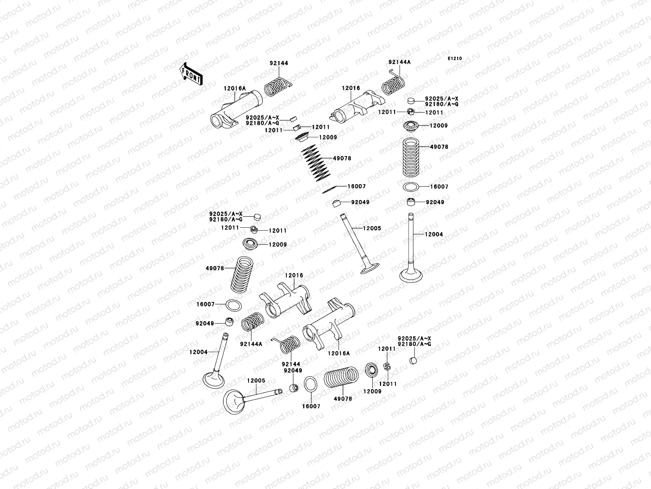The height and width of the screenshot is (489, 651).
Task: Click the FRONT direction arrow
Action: click(191, 74)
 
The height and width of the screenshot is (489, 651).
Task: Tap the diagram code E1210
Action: click(454, 59)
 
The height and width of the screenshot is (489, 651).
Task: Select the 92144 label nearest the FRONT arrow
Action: click(279, 63)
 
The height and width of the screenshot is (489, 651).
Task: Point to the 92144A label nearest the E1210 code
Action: click(400, 62)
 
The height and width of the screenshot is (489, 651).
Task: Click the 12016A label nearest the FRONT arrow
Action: click(235, 88)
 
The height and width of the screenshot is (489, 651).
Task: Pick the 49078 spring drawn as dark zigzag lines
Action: click(316, 163)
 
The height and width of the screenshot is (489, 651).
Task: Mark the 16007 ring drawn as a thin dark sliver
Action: click(330, 189)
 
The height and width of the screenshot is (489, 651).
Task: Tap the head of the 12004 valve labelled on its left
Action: click(214, 380)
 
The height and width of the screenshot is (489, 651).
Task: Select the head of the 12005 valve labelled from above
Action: click(234, 402)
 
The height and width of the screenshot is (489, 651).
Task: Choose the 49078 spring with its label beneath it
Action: click(341, 377)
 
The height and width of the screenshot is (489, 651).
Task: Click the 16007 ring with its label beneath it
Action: click(310, 384)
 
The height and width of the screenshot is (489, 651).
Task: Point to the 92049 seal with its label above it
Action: click(294, 388)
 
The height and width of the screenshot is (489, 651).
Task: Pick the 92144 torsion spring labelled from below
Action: click(286, 344)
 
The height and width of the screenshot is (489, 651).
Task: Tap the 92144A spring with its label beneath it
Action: click(252, 322)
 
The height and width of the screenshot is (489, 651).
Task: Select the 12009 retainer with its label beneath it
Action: click(371, 370)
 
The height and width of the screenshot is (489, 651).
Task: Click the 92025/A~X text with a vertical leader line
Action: click(414, 339)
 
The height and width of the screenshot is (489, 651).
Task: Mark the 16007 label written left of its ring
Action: click(205, 304)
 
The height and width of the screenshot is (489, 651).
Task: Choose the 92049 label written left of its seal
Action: click(205, 323)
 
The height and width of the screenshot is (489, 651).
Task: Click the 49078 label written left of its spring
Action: click(215, 268)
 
